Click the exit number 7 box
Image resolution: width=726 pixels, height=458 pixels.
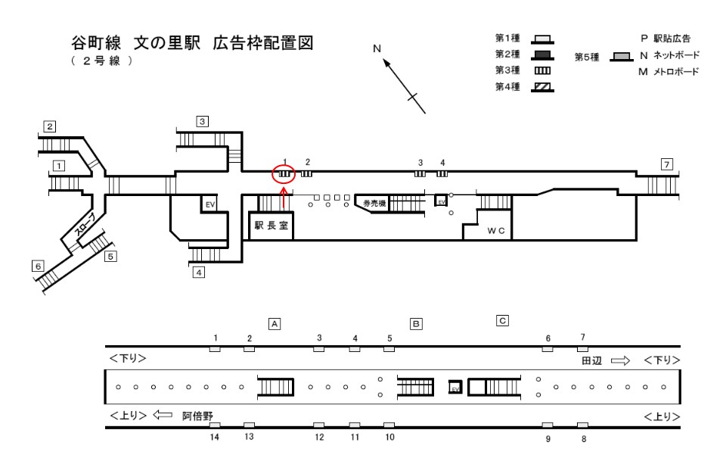[666, 164]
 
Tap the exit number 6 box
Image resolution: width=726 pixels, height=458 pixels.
[37, 266]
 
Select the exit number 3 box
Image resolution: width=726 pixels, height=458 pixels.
[202, 120]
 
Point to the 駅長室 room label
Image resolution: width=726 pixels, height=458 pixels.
[270, 225]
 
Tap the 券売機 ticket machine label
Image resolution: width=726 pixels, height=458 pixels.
[374, 204]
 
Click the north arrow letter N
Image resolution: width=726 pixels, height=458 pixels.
[377, 50]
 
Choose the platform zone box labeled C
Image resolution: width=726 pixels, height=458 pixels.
[502, 319]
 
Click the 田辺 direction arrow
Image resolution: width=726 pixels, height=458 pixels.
[621, 361]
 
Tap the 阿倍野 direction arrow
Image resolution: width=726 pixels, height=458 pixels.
[163, 415]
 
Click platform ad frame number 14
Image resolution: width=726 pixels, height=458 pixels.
[215, 425]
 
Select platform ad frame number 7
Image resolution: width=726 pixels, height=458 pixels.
[582, 349]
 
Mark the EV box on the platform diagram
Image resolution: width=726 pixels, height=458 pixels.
[455, 387]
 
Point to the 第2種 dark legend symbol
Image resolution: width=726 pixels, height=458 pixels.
[541, 55]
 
